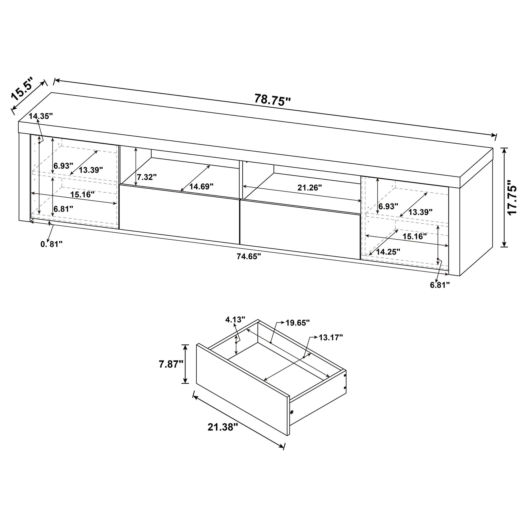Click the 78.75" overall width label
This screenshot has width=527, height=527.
[273, 100]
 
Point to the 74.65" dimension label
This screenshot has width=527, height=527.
[249, 256]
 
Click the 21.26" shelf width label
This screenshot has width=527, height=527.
[310, 188]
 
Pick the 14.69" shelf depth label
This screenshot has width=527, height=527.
[201, 187]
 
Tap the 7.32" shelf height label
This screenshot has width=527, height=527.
[147, 177]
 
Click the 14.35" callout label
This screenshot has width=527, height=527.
[41, 116]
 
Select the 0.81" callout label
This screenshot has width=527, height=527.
[51, 244]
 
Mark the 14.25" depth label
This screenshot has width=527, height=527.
[388, 251]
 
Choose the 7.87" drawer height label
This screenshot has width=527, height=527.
[171, 364]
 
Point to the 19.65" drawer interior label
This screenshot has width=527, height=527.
[298, 323]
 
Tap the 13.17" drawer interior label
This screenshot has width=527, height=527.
[331, 337]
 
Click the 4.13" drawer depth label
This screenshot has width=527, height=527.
[235, 319]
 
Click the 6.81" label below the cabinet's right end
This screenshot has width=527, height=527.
[440, 285]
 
